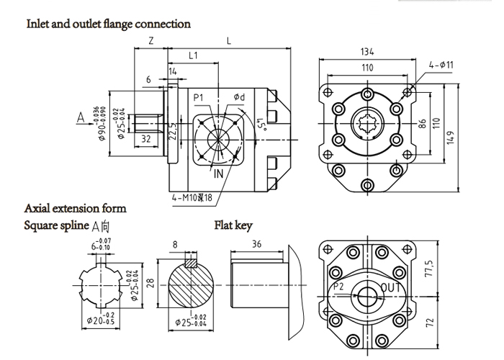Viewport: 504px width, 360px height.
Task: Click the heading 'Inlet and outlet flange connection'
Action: pos(109,24)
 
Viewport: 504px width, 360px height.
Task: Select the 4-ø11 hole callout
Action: pos(440,65)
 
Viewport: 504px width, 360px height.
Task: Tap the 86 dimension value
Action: pos(423,123)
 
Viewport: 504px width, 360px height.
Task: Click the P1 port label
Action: pos(199,97)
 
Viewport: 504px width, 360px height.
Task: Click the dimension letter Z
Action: pos(150,41)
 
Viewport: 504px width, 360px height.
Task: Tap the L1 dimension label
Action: pos(193,55)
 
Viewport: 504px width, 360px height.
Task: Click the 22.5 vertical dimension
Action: pos(173,132)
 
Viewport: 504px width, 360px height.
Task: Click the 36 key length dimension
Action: pos(257,244)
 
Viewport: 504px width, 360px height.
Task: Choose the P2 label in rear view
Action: pos(340,287)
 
